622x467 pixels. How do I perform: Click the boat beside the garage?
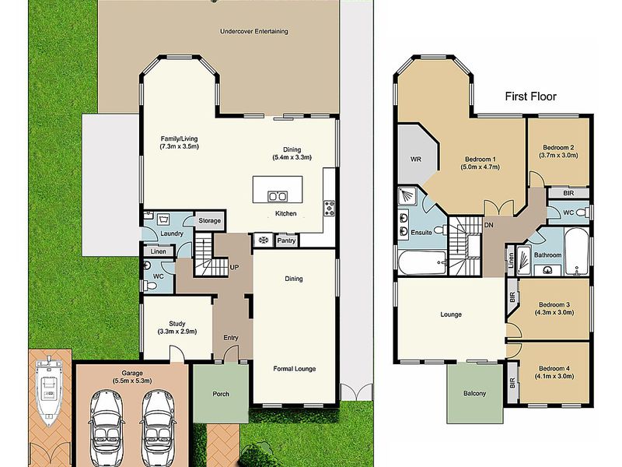tap(48, 391)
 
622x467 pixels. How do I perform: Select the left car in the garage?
tap(107, 428)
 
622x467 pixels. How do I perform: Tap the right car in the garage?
tap(158, 428)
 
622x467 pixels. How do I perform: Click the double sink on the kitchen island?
tap(278, 196)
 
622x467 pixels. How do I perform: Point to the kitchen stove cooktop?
tap(330, 208)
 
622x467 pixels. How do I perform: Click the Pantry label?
tap(286, 241)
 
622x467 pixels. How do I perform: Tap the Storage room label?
tap(209, 220)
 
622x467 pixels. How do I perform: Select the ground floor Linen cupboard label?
tap(159, 251)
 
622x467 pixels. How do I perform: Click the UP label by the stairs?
tap(235, 268)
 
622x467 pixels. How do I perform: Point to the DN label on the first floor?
tap(489, 225)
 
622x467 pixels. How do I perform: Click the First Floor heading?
tap(531, 97)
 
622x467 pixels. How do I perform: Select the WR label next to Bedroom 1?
tap(416, 160)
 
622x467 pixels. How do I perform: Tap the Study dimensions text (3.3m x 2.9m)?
tap(177, 332)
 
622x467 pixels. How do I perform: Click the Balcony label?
tap(474, 394)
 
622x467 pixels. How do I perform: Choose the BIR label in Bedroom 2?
tap(568, 193)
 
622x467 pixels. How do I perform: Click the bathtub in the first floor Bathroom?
tap(576, 251)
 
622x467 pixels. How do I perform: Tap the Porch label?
tap(221, 394)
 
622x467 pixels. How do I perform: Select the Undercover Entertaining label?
tap(254, 31)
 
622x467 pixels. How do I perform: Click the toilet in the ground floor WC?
tap(150, 285)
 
